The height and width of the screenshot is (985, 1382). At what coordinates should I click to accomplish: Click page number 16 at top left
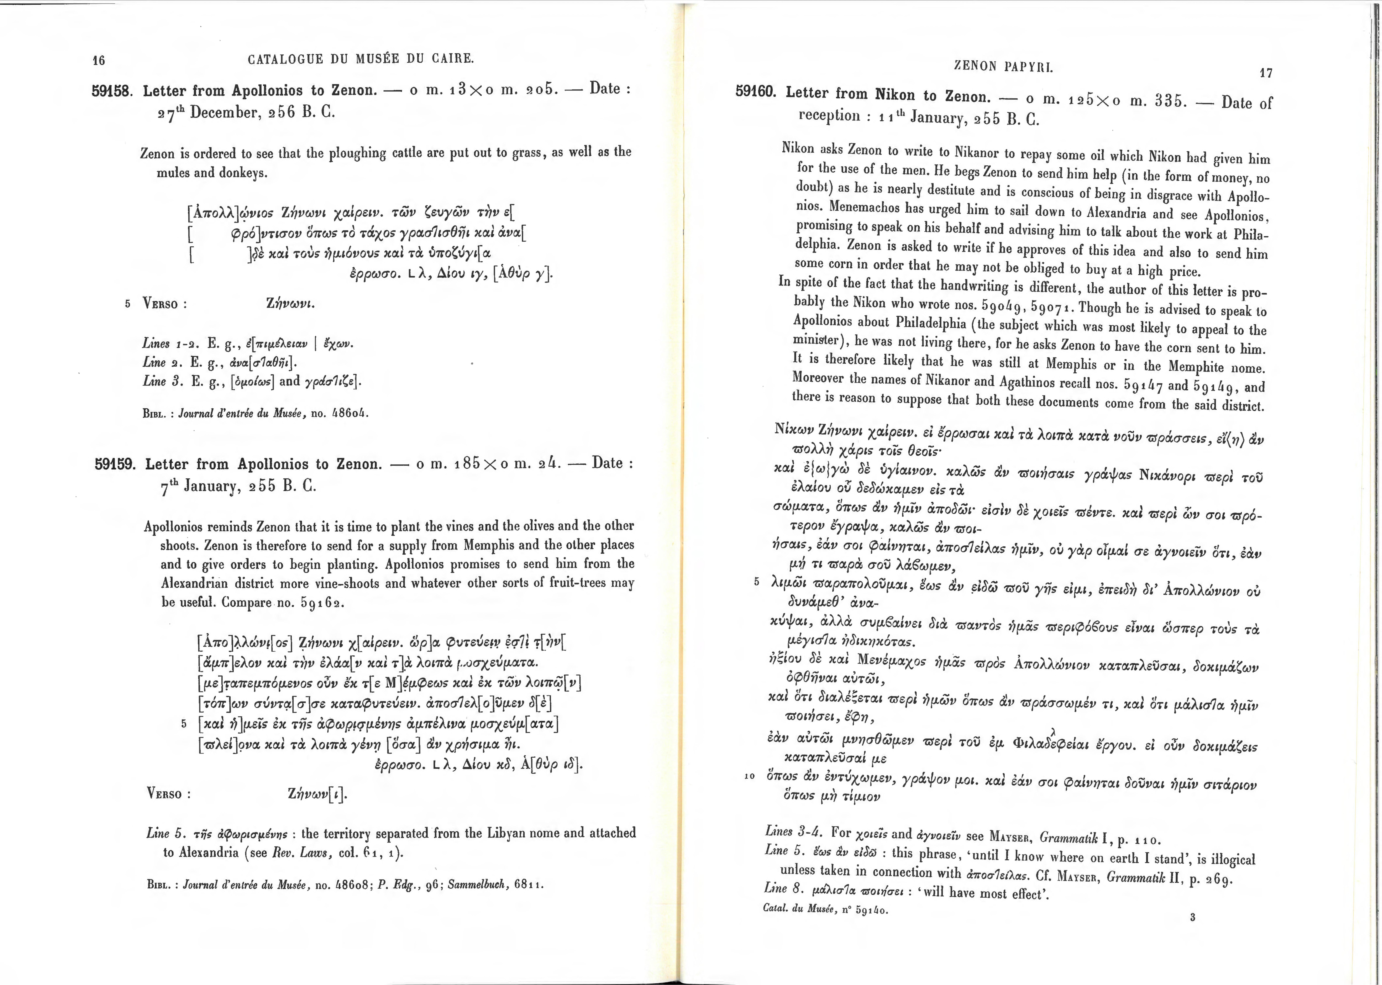[x=98, y=60]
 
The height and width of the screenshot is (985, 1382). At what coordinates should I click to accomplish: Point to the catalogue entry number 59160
[x=756, y=92]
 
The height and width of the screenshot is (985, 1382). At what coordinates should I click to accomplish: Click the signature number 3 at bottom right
[x=1192, y=917]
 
